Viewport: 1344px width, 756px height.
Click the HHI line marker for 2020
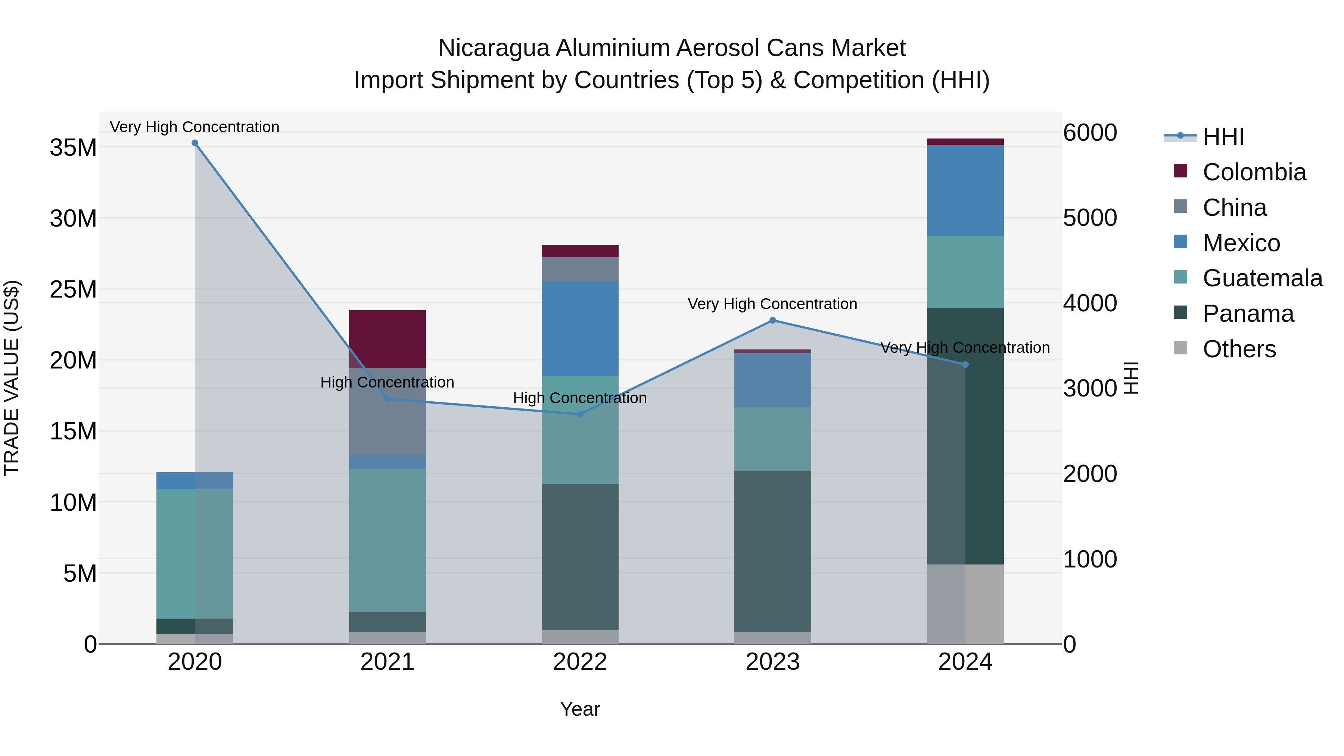coord(195,143)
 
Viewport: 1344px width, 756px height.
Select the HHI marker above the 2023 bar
coord(773,320)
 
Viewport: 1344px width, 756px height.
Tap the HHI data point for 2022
coord(580,414)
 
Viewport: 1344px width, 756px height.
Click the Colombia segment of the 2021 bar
coord(387,339)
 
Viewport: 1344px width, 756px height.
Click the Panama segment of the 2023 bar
coord(773,551)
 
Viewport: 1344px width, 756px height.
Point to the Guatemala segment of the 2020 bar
coord(195,554)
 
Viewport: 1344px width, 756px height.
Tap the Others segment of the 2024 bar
coord(965,604)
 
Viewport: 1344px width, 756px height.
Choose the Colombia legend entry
coord(1254,172)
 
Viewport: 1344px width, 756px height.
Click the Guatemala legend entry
coord(1262,278)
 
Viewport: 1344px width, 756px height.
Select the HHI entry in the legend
coord(1223,137)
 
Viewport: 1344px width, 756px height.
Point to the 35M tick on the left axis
coord(73,147)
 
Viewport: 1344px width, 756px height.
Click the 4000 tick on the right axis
coord(1090,303)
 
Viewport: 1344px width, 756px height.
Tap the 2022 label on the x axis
coord(580,662)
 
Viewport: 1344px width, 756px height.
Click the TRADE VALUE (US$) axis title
coord(12,378)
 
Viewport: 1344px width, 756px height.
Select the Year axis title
coord(580,709)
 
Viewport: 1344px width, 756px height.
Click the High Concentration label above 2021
coord(387,382)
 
